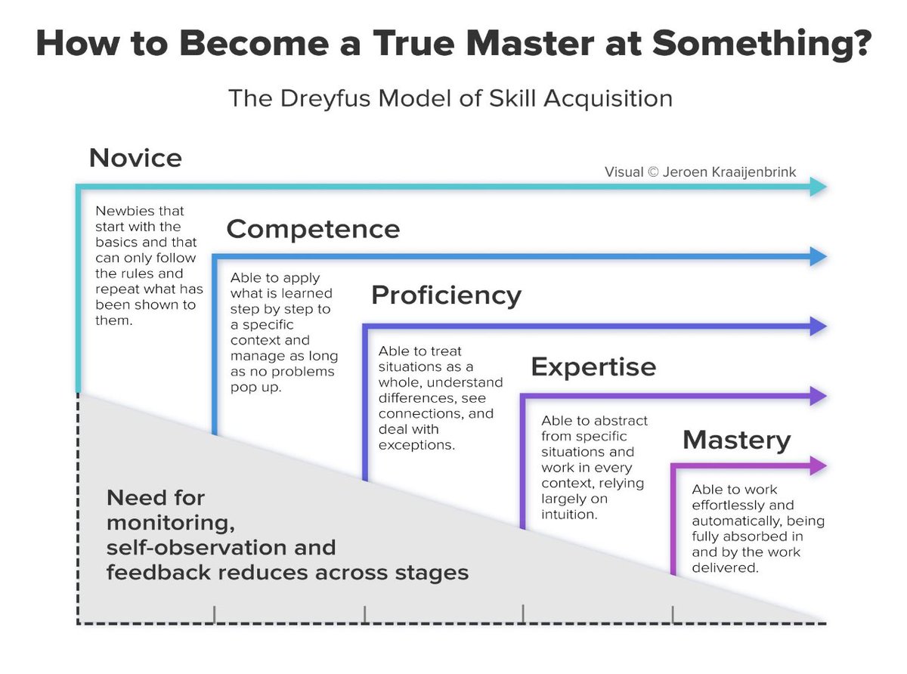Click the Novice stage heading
click(x=135, y=158)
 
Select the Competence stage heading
click(x=313, y=229)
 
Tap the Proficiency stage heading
click(x=446, y=295)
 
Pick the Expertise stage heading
click(x=593, y=367)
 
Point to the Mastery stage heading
click(x=736, y=440)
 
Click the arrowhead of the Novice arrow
click(x=819, y=187)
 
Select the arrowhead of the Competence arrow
click(x=819, y=257)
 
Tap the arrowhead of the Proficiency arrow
click(x=819, y=326)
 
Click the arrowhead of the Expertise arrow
click(x=819, y=396)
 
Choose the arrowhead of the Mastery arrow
click(x=819, y=466)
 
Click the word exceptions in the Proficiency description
click(x=416, y=445)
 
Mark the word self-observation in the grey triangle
click(x=221, y=546)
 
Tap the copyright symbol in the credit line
click(x=655, y=172)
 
